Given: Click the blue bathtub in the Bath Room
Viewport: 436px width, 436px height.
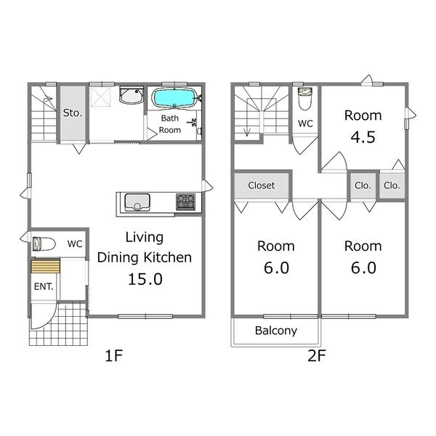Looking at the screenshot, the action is [x=174, y=97].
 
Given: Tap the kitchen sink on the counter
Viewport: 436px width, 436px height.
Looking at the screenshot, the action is [x=137, y=202].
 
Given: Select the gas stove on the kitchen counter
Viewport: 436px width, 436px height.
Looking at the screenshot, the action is [x=186, y=202].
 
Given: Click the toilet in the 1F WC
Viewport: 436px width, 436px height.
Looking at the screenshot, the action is [x=44, y=244].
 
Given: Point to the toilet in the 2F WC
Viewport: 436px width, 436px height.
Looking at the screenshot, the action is [x=305, y=99].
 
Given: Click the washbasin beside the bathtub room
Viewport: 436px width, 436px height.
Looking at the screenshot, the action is [x=132, y=95].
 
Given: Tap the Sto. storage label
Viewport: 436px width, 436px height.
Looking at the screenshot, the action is [x=73, y=113].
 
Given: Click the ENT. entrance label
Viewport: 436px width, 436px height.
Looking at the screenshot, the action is [x=44, y=286].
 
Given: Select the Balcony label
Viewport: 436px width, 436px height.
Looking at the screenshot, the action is [x=276, y=331].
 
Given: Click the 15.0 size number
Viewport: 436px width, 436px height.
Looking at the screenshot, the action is [x=145, y=279].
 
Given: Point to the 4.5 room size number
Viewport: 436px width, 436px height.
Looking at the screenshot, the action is [x=363, y=137].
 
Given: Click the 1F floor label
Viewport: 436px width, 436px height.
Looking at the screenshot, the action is [x=114, y=355].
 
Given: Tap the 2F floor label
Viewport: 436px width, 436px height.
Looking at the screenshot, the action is [x=316, y=355].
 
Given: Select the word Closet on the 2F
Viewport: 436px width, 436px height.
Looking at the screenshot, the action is [x=262, y=185].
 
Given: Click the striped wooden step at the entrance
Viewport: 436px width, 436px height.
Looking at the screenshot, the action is [x=45, y=266].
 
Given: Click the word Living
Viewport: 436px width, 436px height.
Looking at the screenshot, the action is [x=145, y=238].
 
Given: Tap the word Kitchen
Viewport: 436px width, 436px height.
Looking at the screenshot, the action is [x=168, y=257].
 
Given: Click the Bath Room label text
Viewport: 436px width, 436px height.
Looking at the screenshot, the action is [x=170, y=124].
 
